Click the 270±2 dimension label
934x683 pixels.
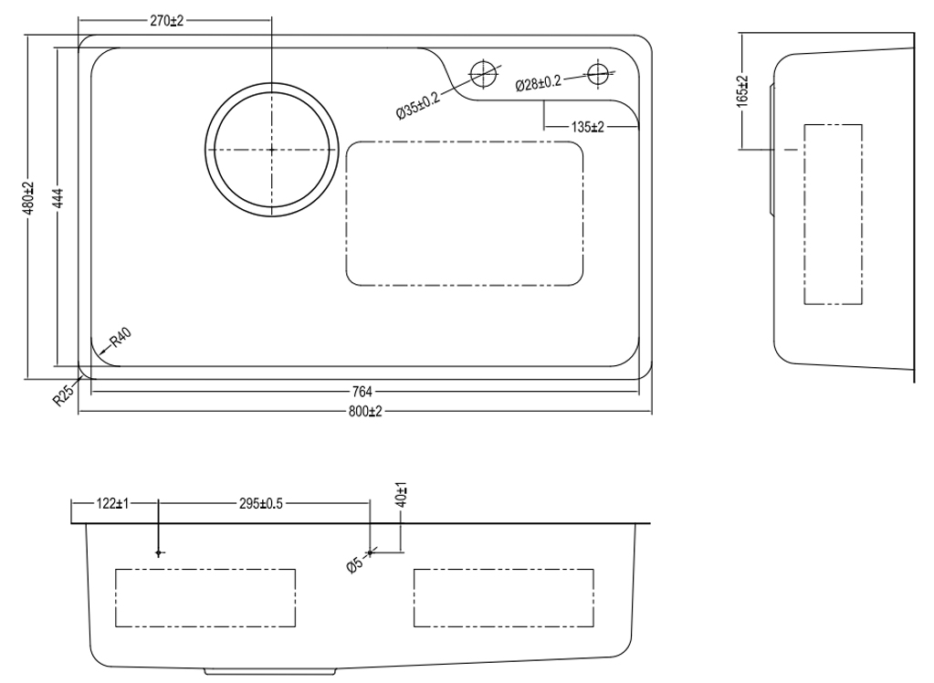point(167,20)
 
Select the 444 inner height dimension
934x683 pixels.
point(58,199)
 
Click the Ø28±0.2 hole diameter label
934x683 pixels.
point(539,83)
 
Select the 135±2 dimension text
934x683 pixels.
point(588,127)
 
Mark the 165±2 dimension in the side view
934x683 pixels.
point(740,91)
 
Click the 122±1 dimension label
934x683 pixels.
point(113,502)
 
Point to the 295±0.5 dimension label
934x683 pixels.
point(261,502)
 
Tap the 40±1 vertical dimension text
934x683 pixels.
point(403,495)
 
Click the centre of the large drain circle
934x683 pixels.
point(271,149)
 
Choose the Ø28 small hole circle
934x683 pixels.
point(597,72)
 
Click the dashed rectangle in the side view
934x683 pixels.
point(832,214)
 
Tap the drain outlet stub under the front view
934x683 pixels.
point(271,671)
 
